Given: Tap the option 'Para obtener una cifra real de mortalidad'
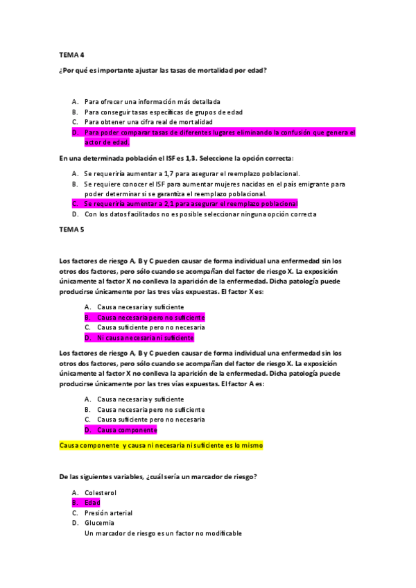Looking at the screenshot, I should point(148,121).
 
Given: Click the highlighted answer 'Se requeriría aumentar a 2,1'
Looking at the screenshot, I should point(190,204).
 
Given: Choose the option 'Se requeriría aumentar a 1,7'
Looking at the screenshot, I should point(191,173).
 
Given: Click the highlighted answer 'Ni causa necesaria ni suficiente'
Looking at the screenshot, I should point(145,338).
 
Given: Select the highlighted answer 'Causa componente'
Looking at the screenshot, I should point(127,430).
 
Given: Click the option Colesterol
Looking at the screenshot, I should point(101,492).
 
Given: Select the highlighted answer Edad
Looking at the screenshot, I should point(92,503).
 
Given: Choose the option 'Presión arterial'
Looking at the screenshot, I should point(108,513).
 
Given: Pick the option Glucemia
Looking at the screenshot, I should point(99,523).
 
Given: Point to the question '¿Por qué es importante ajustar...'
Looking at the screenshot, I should point(164,71).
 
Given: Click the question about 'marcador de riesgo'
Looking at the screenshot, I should point(159,476).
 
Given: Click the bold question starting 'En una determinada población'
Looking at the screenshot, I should point(176,158).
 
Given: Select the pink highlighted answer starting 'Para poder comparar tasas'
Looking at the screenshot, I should point(219,132).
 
